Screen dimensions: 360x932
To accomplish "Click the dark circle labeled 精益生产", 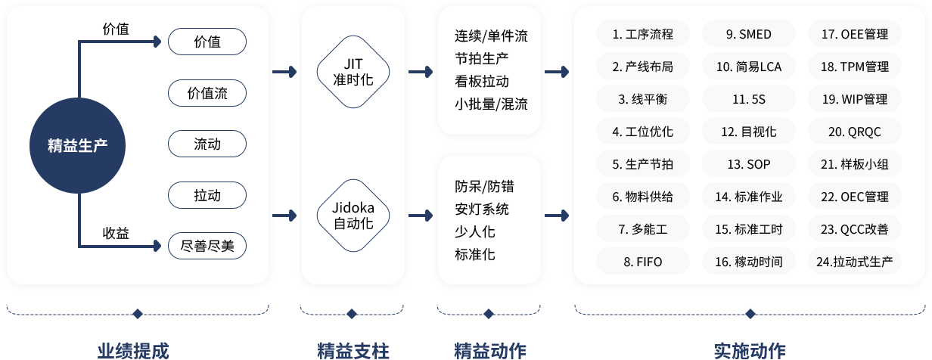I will coord(77,145).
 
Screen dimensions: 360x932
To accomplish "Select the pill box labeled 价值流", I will coord(207,94).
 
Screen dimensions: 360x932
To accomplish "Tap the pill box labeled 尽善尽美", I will coord(207,246).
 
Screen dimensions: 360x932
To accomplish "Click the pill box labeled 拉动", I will coord(207,195).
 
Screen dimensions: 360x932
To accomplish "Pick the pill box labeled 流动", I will coord(207,144).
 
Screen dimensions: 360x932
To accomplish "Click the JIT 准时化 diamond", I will coord(353,71).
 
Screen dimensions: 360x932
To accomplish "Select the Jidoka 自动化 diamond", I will coord(353,215).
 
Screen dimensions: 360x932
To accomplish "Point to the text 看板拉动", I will coord(482,82).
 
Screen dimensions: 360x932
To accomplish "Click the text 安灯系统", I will coord(482,209).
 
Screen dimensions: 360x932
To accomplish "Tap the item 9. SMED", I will coord(748,34).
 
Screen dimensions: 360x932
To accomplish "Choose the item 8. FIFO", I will coord(643,262).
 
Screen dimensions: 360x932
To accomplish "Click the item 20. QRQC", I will coord(854,132).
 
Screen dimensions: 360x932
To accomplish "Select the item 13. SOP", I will coord(748,164).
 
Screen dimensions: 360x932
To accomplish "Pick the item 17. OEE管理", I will coord(854,34).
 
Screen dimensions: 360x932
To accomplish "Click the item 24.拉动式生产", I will coord(854,262).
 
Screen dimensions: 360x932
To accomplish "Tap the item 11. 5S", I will coord(748,99).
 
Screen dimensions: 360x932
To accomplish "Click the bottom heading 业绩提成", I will coord(133,350).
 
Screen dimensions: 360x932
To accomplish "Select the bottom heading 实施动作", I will coord(750,350).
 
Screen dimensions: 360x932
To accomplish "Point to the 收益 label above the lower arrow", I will coord(116,233).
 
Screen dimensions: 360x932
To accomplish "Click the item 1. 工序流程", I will coord(643,34).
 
